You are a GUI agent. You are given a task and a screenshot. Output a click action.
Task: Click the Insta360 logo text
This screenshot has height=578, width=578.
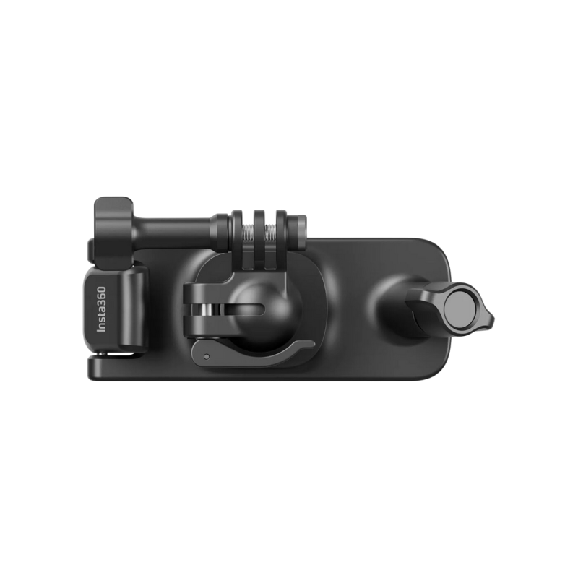tap(101, 309)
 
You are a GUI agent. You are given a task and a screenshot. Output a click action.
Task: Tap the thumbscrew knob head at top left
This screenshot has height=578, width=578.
tap(113, 233)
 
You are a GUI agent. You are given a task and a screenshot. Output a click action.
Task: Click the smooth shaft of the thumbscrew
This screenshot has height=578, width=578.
tap(172, 232)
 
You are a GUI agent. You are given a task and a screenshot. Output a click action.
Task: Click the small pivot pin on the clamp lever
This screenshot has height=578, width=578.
tap(207, 356)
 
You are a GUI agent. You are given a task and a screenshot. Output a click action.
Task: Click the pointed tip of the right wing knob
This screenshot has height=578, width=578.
tap(493, 318)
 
